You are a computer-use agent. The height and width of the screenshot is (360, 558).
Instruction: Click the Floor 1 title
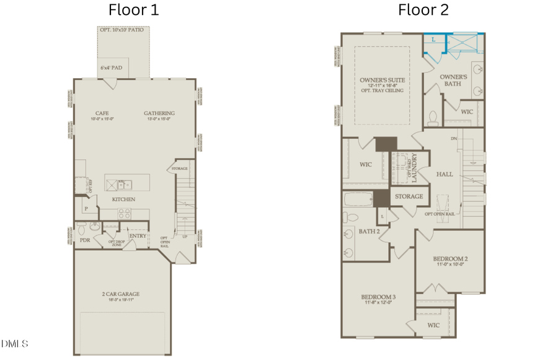(x=133, y=10)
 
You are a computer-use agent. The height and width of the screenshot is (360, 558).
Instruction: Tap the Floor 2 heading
(x=423, y=10)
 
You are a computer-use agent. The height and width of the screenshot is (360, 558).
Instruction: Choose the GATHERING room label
(x=159, y=113)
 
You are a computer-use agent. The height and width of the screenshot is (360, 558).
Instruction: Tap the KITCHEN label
(x=123, y=200)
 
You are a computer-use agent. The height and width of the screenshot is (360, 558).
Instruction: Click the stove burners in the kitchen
(x=124, y=214)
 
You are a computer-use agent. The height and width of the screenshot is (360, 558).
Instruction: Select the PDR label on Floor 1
(x=85, y=240)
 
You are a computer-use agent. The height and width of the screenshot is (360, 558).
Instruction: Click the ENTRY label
(x=138, y=236)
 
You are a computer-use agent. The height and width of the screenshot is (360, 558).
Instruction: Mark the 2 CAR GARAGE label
(x=121, y=294)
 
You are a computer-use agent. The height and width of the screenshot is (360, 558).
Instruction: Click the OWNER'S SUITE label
(x=381, y=81)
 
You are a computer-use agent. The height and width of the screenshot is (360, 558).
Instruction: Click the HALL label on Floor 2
(x=445, y=174)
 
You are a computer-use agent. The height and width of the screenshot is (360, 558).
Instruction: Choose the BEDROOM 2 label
(x=449, y=258)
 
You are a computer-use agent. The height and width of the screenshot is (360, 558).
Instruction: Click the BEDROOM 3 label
(x=378, y=298)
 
